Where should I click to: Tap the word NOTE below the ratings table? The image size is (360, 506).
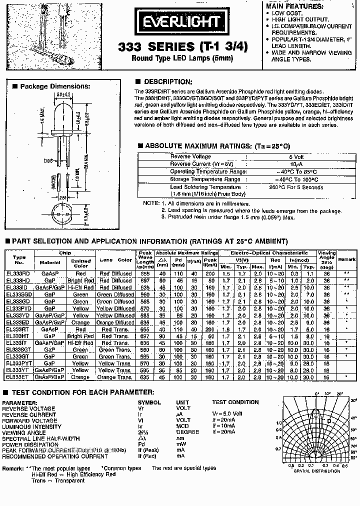pos(150,204)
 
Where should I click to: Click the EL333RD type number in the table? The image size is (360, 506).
pos(19,273)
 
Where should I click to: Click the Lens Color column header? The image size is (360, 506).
pos(115,260)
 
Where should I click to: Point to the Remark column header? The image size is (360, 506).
pos(347,260)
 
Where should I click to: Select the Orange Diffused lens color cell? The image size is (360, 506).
pos(115,322)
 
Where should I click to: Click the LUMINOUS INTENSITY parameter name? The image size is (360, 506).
pos(31,426)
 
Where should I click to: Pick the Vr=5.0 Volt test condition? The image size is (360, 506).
pos(226,414)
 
